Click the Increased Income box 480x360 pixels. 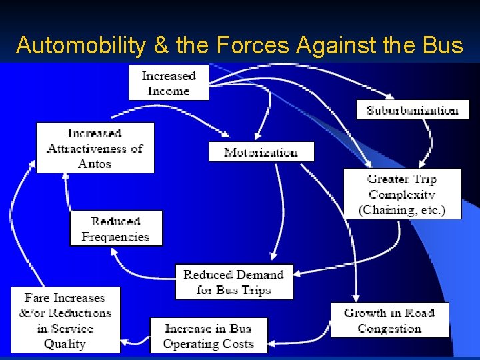coord(169,83)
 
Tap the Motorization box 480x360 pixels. coord(261,152)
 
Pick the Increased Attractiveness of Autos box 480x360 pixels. coord(95,148)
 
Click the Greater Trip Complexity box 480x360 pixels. coord(402,194)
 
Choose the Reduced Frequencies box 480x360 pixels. coord(116,229)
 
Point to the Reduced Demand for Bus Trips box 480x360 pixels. coord(233,282)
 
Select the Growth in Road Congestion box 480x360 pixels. coord(389,321)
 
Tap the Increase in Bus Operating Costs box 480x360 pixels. coord(209,336)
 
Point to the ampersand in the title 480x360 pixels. coord(161,45)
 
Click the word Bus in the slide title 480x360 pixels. coord(443,45)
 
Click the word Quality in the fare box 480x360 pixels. coord(65,344)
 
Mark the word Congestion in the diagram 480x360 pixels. coord(389,329)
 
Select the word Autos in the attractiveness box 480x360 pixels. coord(95,163)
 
